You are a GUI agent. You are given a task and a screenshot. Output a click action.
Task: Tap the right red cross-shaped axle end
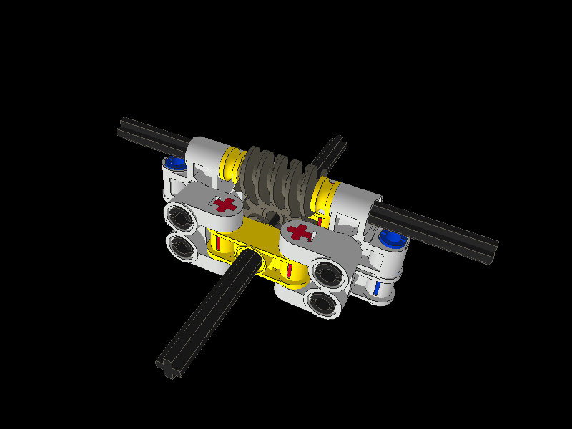point(302,232)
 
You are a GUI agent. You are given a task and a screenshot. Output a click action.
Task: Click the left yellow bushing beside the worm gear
point(232,164)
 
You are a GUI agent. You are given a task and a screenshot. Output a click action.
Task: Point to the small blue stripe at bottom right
point(377,288)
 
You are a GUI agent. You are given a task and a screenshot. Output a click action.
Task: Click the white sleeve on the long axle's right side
point(354,202)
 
